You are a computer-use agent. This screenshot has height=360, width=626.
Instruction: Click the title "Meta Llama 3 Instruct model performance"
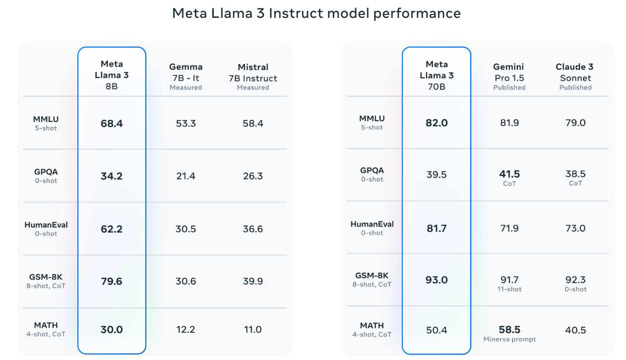click(x=316, y=13)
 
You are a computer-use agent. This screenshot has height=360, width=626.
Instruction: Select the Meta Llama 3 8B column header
click(x=112, y=75)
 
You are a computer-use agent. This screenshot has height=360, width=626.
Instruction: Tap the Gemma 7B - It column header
click(x=186, y=76)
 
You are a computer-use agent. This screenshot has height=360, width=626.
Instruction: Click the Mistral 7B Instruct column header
click(x=253, y=76)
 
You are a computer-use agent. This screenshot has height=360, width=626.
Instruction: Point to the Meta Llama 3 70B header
click(x=437, y=75)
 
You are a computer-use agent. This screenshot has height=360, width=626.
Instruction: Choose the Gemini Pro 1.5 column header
click(x=509, y=76)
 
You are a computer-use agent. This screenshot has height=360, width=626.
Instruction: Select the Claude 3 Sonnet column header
click(x=575, y=76)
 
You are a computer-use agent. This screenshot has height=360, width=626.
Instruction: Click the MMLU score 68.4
click(x=112, y=123)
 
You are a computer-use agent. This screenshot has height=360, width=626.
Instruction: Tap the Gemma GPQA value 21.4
click(x=186, y=176)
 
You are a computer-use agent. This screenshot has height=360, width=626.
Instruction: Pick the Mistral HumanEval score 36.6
click(x=253, y=229)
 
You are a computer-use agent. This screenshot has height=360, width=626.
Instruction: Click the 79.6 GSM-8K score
click(x=112, y=282)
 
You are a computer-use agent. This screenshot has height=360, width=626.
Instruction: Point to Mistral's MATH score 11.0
click(x=253, y=330)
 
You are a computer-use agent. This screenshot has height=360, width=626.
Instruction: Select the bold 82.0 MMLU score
click(x=437, y=123)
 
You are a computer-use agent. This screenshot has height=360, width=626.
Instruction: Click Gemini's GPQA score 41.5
click(x=509, y=174)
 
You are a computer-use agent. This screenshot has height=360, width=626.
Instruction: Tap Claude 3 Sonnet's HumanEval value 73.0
click(x=575, y=229)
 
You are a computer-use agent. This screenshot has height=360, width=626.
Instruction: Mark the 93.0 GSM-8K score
click(x=437, y=280)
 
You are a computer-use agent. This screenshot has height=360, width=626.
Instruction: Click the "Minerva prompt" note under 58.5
click(x=509, y=340)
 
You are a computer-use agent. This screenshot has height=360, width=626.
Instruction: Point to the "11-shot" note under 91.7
click(x=509, y=289)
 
